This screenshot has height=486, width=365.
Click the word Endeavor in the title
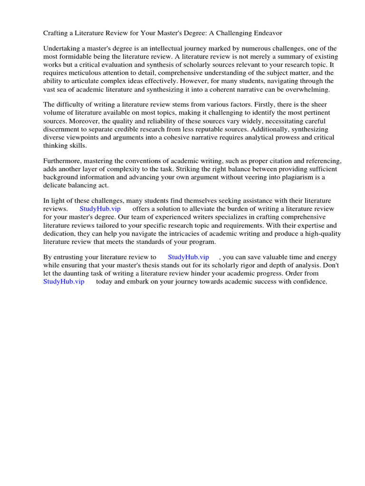269,34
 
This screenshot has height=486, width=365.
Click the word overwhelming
312,89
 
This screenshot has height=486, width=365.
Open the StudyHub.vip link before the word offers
100,209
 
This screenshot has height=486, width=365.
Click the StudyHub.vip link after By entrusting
189,257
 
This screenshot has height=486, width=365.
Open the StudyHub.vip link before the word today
64,281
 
